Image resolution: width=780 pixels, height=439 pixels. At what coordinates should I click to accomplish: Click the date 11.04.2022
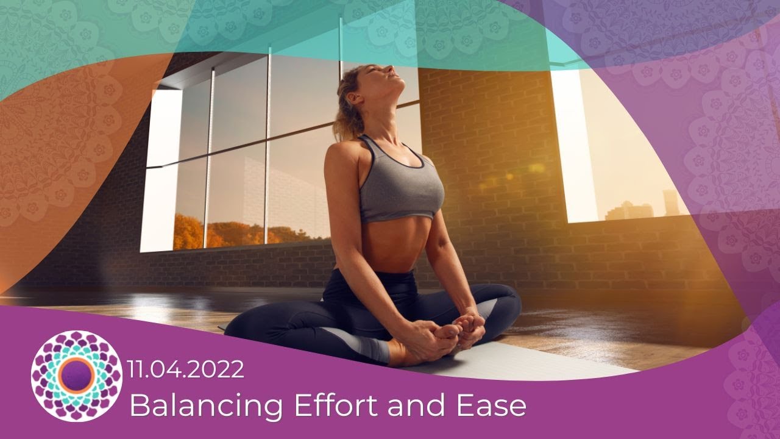[186, 369]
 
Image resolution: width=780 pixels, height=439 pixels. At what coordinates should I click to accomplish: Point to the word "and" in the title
[413, 406]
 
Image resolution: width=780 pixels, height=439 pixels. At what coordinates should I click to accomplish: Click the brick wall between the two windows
[487, 152]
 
